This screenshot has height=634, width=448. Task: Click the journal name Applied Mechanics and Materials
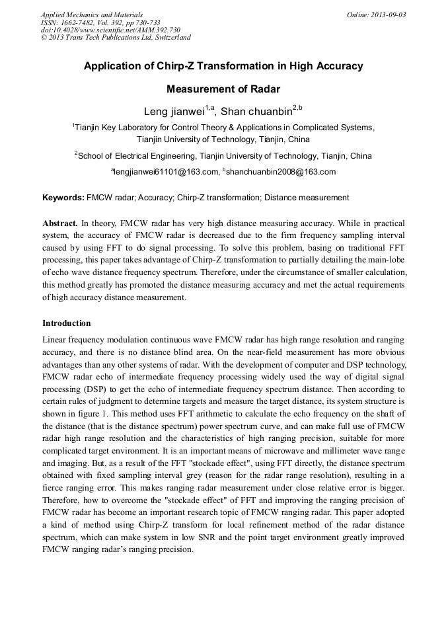coord(92,15)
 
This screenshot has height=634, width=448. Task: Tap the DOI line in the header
coord(110,30)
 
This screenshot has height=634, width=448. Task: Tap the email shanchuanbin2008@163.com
coord(281,172)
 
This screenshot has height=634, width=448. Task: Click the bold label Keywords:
coord(63,198)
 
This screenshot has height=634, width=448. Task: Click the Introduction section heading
coord(67,323)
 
